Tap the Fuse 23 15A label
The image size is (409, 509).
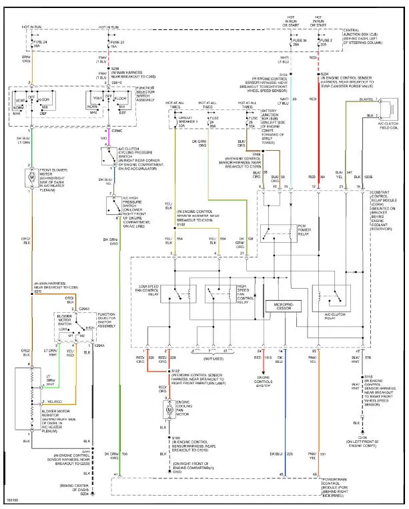[x=114, y=44]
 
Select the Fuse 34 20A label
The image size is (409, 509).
[x=299, y=43]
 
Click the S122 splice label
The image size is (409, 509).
[x=175, y=370]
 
